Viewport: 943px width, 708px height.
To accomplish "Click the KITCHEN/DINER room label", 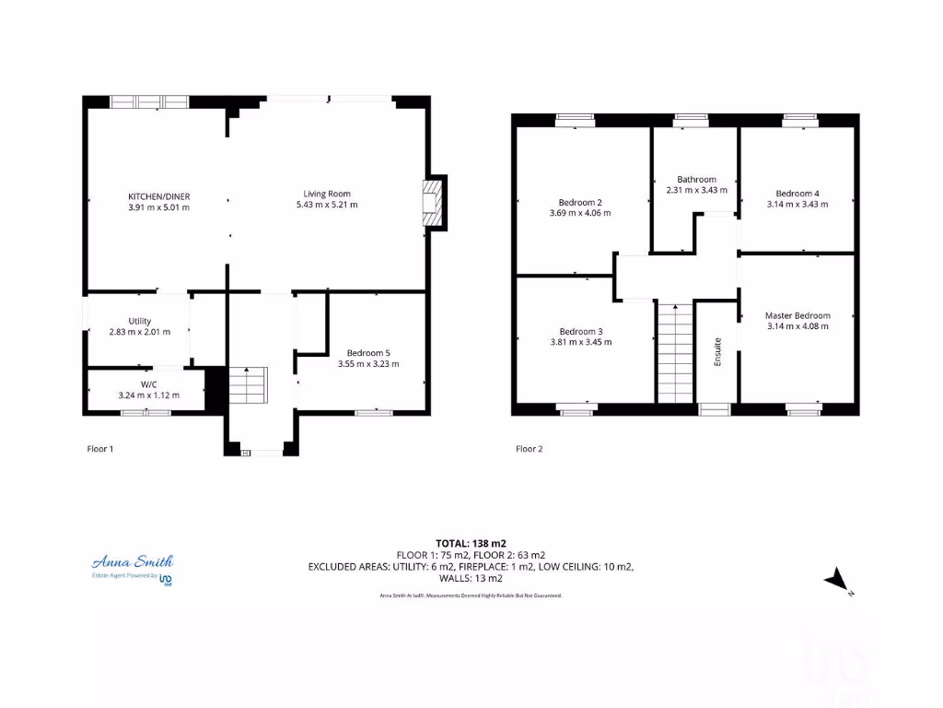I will pyautogui.click(x=158, y=195).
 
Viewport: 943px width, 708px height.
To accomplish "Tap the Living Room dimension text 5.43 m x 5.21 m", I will pyautogui.click(x=327, y=205).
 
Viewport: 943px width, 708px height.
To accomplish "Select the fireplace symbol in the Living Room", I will pyautogui.click(x=431, y=201).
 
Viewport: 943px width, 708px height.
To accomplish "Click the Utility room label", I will pyautogui.click(x=139, y=321).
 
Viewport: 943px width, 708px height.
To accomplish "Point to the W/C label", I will pyautogui.click(x=147, y=383).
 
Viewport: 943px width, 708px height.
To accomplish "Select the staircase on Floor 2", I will pyautogui.click(x=675, y=352).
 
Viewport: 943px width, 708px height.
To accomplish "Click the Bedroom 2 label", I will pyautogui.click(x=580, y=202).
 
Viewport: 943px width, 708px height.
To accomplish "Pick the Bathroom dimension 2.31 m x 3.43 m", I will pyautogui.click(x=696, y=190).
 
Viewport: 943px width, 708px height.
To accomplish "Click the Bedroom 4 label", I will pyautogui.click(x=797, y=194).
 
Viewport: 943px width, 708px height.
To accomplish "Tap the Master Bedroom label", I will pyautogui.click(x=797, y=315).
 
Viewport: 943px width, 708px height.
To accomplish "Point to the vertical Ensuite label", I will pyautogui.click(x=717, y=352).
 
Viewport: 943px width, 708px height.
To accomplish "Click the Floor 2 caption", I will pyautogui.click(x=529, y=449).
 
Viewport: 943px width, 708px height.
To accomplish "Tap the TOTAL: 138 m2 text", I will pyautogui.click(x=471, y=543).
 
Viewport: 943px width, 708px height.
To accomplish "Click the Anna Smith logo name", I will pyautogui.click(x=132, y=561).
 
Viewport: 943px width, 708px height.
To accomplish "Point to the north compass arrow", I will pyautogui.click(x=836, y=579).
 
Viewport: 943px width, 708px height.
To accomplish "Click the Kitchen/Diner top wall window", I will pyautogui.click(x=149, y=101).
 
